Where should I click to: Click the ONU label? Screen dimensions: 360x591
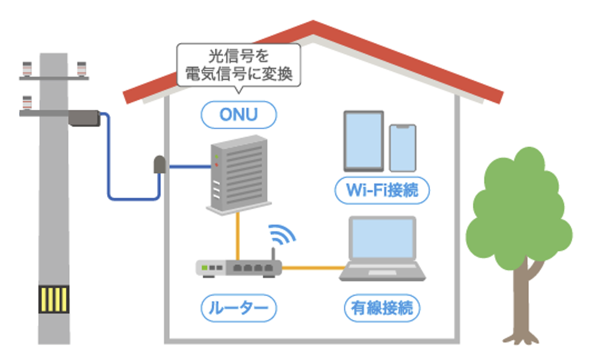tap(238, 115)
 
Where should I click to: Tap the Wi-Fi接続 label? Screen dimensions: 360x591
tap(382, 191)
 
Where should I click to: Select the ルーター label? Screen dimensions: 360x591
tap(238, 308)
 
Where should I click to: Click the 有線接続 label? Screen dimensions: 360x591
tap(382, 308)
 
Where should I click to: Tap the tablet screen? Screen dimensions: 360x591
tap(363, 140)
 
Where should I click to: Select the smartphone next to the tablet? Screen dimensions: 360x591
tap(402, 147)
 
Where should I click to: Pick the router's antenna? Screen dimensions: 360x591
tap(272, 255)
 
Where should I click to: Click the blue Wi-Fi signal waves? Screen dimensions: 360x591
tap(282, 234)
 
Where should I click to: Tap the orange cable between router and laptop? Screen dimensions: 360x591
tap(311, 268)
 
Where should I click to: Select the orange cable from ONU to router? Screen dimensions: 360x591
tap(238, 236)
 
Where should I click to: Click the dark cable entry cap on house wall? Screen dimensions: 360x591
tap(160, 165)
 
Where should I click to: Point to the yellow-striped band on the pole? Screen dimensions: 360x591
tap(54, 300)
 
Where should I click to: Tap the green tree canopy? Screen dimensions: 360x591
tap(518, 203)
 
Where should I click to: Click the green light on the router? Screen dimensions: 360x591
tap(205, 268)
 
